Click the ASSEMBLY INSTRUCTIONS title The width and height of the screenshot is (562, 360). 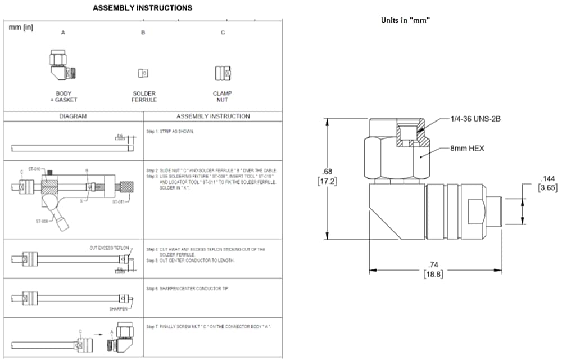[x=142, y=8]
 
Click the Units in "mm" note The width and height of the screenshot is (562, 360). [x=405, y=20]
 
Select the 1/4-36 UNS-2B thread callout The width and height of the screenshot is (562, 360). [x=475, y=119]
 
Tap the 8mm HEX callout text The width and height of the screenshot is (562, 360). [x=467, y=148]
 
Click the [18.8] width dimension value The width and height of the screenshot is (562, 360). [x=433, y=274]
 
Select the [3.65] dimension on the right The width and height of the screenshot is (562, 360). [x=547, y=187]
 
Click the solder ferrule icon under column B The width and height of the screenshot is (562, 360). [x=143, y=73]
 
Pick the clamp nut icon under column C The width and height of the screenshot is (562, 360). [x=223, y=73]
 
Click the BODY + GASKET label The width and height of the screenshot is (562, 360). [x=64, y=97]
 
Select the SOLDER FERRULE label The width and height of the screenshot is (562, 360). [x=144, y=97]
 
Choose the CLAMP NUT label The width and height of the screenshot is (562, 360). [x=223, y=97]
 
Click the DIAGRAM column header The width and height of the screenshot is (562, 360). [x=73, y=116]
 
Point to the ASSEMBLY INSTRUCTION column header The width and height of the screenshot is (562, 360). [x=213, y=116]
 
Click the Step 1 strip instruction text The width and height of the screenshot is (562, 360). [x=170, y=130]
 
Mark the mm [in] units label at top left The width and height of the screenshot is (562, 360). [x=21, y=28]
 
